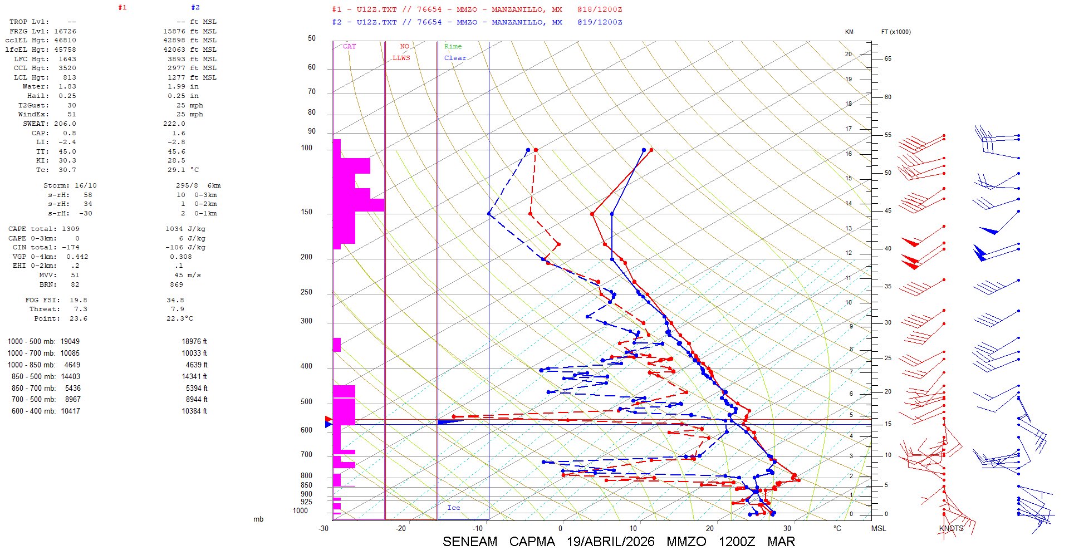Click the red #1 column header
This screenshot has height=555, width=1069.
pos(122,7)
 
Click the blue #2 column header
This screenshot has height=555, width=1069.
pos(195,7)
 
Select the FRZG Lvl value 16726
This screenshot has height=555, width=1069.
pos(65,31)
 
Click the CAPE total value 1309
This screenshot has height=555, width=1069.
pos(71,229)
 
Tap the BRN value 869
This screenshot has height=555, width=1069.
pos(176,284)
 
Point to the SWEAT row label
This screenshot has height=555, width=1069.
pos(36,124)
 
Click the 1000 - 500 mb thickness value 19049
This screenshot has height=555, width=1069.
pos(70,341)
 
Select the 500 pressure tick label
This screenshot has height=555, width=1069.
pos(306,401)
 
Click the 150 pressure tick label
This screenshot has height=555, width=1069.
pos(306,212)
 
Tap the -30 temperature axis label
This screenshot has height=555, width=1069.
pos(323,528)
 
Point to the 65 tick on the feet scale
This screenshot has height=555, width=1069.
pos(887,58)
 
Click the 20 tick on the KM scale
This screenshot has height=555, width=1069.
pos(849,54)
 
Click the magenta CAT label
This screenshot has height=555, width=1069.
pos(349,46)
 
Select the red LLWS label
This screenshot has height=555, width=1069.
pos(401,58)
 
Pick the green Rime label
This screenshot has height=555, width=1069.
pos(453,46)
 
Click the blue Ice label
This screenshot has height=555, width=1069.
pos(453,508)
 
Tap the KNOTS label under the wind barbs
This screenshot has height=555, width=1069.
pos(951,528)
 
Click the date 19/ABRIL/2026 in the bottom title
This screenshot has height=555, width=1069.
pos(610,542)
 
